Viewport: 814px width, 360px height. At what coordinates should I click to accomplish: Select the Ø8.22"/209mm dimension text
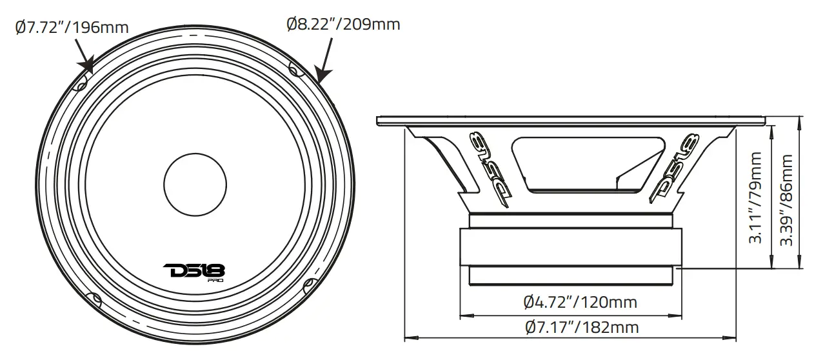tap(343, 25)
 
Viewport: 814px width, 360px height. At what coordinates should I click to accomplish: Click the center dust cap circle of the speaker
tap(194, 183)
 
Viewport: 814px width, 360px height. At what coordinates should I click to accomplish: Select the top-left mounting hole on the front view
tap(81, 84)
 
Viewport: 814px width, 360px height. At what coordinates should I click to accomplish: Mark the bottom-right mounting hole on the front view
tap(308, 283)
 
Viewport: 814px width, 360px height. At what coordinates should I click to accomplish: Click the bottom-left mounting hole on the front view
tap(94, 299)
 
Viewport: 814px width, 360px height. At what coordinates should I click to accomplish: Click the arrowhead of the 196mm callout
tap(86, 67)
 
